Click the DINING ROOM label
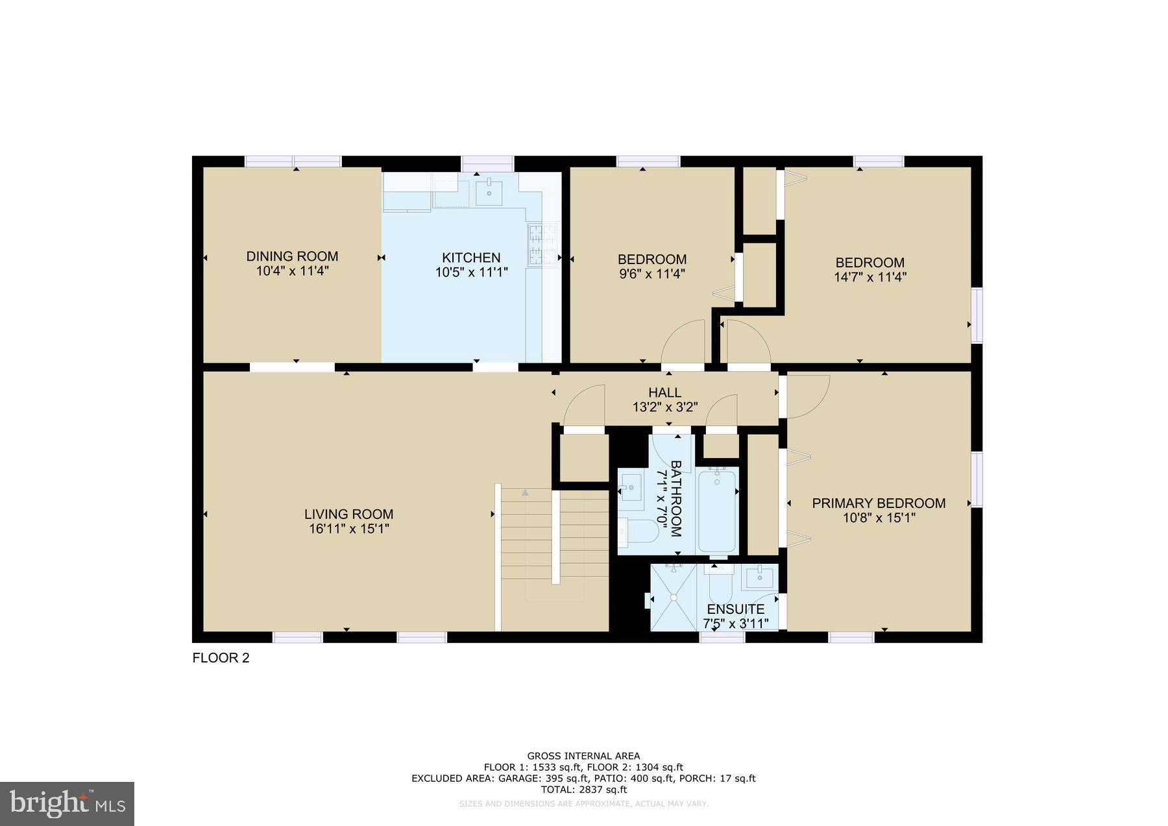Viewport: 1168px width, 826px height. point(292,256)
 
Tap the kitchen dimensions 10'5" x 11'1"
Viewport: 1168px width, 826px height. point(471,273)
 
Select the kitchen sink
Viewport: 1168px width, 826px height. point(489,192)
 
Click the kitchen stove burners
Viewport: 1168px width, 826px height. point(543,245)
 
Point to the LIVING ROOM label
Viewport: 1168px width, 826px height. point(348,514)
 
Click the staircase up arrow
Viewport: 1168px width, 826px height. point(525,493)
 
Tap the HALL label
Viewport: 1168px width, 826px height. point(664,393)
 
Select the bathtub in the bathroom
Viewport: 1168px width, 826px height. point(716,511)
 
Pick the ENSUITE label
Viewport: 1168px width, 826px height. point(735,609)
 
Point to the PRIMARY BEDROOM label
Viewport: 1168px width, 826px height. point(879,503)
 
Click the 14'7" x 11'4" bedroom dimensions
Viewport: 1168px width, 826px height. point(870,277)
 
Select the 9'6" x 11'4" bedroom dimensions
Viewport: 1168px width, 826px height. point(651,274)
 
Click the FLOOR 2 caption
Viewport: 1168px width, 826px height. point(221,658)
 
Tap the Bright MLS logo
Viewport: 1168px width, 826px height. point(67,803)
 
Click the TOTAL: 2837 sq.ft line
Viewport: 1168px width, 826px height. point(583,790)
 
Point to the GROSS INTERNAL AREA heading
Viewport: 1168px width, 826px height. point(583,756)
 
